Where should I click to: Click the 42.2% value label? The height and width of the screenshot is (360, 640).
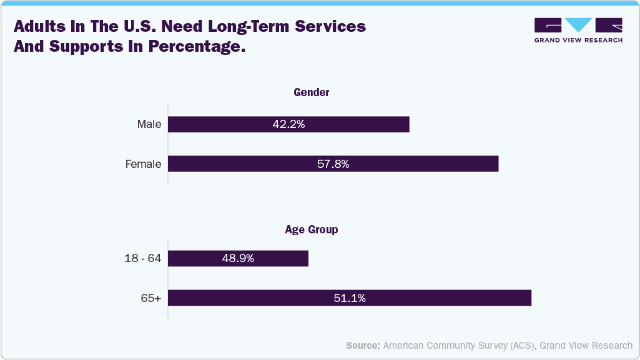[x=288, y=124]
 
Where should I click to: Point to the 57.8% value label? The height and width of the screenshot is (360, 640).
[x=333, y=164]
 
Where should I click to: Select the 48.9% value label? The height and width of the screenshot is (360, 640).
[x=238, y=258]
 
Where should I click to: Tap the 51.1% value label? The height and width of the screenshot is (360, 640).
[x=349, y=298]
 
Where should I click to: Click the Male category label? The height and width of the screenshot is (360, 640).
[x=149, y=124]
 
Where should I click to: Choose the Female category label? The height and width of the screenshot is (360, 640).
[x=143, y=164]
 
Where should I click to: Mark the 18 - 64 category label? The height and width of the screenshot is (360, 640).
[x=142, y=258]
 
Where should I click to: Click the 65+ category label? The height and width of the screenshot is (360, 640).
[x=150, y=298]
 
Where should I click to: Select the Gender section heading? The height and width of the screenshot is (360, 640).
[x=312, y=92]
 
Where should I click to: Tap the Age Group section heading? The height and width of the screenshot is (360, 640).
[x=311, y=230]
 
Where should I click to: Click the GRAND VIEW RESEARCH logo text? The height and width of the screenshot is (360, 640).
[x=578, y=40]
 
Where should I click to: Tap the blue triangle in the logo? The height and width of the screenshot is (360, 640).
[x=579, y=24]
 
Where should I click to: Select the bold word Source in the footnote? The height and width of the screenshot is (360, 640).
[x=363, y=345]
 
